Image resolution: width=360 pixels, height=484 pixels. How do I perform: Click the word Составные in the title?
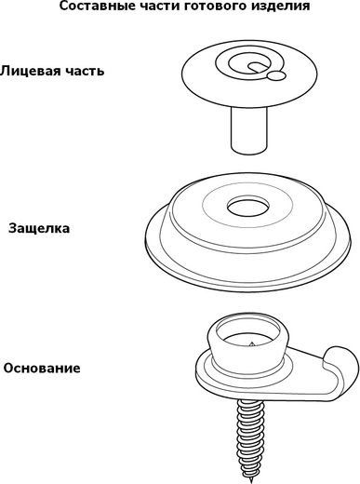(90, 6)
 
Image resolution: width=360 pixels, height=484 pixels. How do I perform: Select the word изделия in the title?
(280, 7)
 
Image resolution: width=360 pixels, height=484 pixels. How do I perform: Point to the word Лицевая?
(29, 72)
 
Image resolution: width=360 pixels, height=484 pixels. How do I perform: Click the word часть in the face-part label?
(84, 72)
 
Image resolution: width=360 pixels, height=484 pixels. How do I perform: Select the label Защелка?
(39, 229)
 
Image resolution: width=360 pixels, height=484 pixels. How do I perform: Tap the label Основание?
(42, 369)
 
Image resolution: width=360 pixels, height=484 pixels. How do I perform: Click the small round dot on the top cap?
(276, 75)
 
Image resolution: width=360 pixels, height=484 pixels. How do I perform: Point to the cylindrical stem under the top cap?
(248, 129)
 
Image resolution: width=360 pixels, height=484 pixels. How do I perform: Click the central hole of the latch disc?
(248, 206)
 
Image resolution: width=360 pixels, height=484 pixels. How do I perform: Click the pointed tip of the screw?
(250, 481)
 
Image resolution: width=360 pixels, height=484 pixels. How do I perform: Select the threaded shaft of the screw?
(249, 439)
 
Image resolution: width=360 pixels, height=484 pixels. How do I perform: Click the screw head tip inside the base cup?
(251, 343)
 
